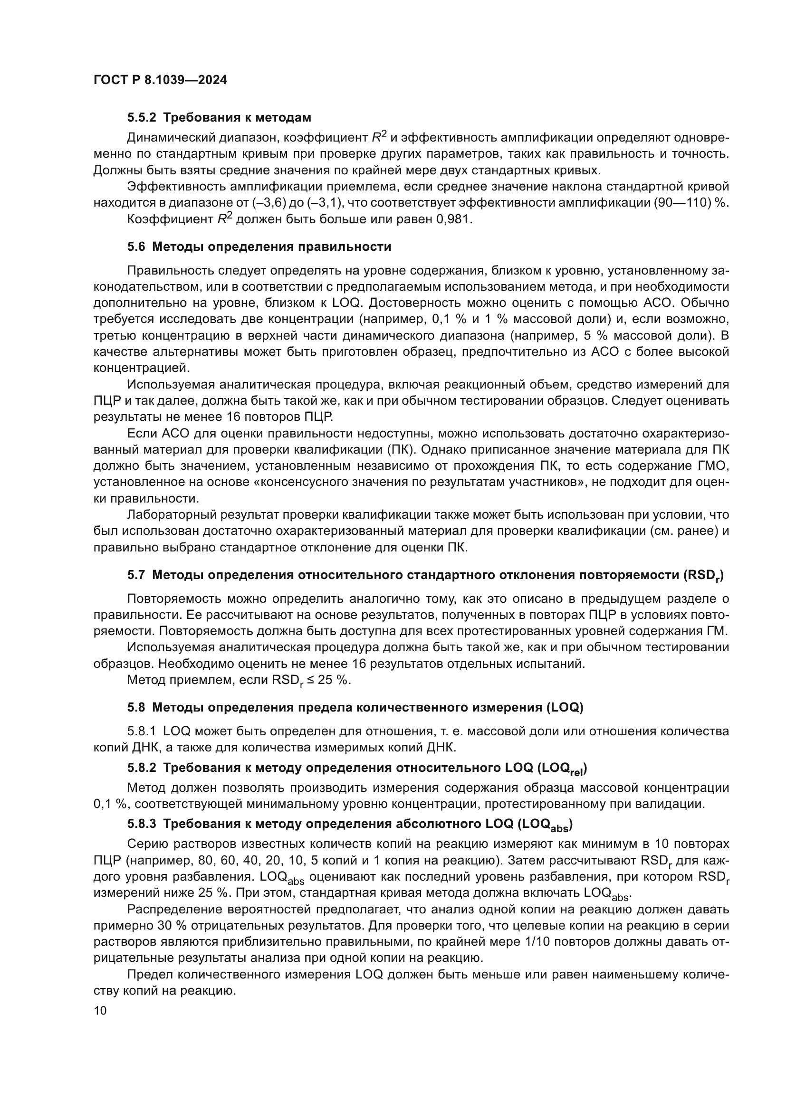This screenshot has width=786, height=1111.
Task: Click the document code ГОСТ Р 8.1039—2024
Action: tap(160, 80)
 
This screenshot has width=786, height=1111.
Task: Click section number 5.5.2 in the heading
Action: tap(143, 118)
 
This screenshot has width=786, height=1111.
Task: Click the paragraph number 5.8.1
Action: tap(142, 731)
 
